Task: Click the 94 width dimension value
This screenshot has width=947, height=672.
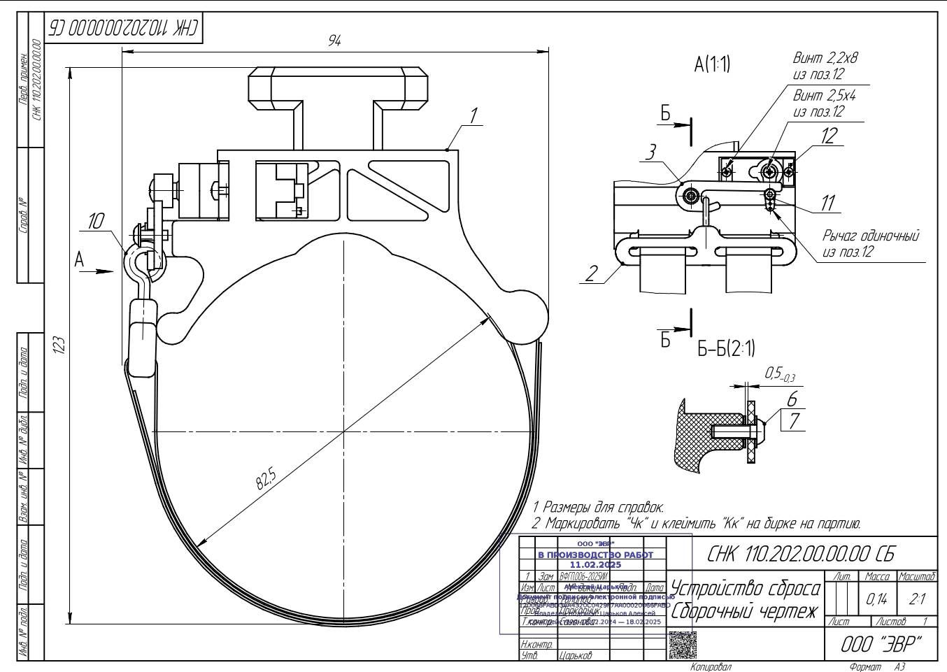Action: [x=335, y=41]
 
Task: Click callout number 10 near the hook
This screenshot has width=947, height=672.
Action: [x=95, y=222]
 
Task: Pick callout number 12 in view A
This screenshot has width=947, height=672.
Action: [x=828, y=136]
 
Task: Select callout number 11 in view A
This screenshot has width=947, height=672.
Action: [x=828, y=203]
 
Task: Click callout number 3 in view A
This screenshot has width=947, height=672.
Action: [x=650, y=152]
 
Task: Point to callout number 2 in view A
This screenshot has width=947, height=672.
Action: [x=592, y=273]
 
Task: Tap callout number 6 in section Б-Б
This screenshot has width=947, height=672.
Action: [x=792, y=399]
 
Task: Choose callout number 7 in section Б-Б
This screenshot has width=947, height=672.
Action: [x=794, y=421]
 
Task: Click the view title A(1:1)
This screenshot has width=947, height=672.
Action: [x=712, y=65]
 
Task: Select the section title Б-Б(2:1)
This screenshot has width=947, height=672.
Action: [x=726, y=348]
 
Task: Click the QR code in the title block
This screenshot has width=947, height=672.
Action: [x=683, y=645]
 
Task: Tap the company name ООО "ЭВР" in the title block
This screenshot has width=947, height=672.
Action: [x=881, y=643]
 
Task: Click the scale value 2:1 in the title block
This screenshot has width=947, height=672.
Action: [x=916, y=599]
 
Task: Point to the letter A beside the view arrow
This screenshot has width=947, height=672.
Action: [x=80, y=259]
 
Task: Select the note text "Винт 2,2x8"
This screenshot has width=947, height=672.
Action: [x=825, y=58]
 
